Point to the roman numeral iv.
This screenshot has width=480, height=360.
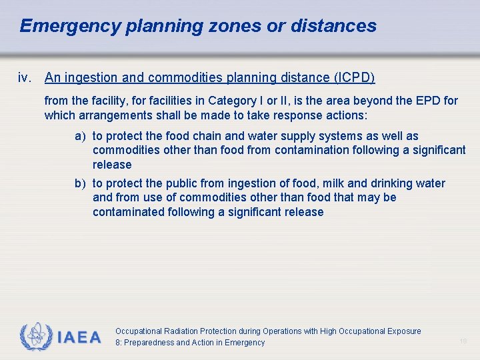click(25, 78)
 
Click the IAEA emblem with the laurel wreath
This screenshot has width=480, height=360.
click(35, 337)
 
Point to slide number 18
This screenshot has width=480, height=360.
click(463, 341)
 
